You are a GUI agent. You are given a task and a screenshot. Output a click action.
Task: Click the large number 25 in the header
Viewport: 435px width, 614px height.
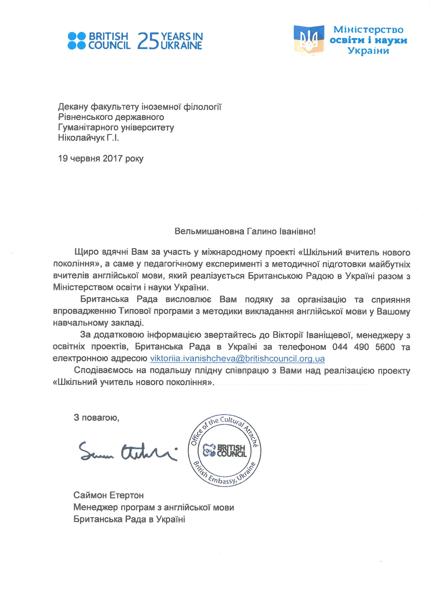148,41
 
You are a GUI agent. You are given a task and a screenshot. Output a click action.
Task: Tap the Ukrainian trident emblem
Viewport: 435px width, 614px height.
309,40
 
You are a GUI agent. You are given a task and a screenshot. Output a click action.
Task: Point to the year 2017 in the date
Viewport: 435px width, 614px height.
112,159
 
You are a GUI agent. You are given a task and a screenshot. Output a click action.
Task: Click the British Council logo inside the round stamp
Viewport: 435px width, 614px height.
225,451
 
